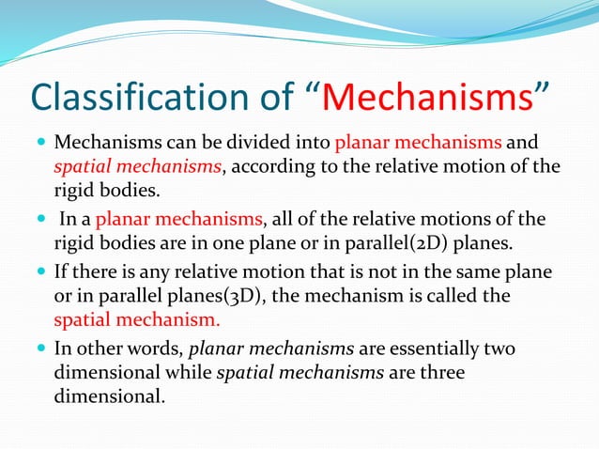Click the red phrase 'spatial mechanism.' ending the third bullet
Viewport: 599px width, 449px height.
point(137,319)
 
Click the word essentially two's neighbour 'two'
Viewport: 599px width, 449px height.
point(499,348)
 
